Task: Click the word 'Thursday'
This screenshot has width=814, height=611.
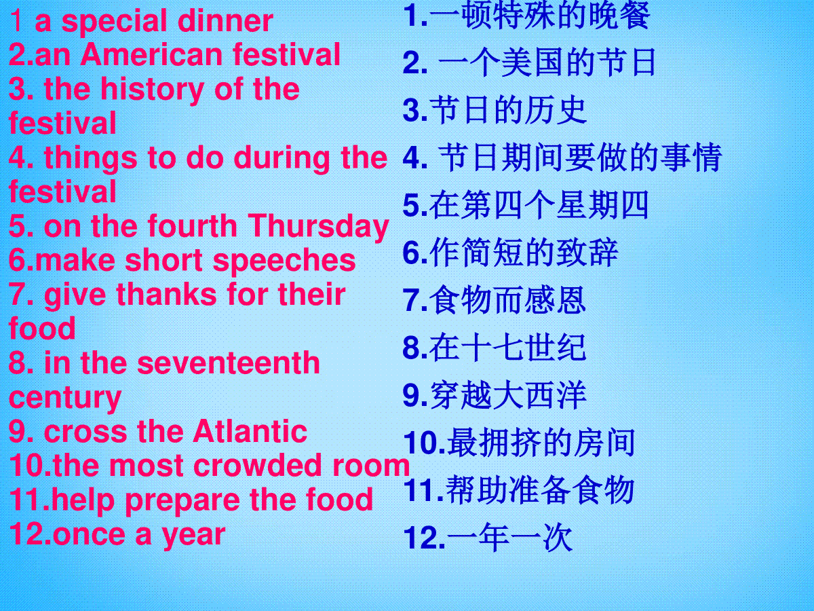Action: tap(318, 227)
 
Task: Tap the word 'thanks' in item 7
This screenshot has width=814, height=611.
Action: tap(166, 294)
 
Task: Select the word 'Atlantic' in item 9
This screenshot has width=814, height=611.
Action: tap(250, 432)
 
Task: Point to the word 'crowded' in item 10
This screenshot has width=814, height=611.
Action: tap(257, 464)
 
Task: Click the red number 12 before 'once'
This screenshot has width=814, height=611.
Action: tap(28, 534)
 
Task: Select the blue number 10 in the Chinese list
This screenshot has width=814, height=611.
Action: tap(423, 443)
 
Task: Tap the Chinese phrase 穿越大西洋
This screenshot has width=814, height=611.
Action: tap(508, 396)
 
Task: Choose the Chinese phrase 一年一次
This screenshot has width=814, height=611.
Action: tap(510, 538)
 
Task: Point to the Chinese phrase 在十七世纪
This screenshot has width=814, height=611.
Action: tap(507, 348)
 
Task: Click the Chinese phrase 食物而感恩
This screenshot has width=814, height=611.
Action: tap(507, 301)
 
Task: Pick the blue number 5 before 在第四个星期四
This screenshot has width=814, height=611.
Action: tap(412, 205)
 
